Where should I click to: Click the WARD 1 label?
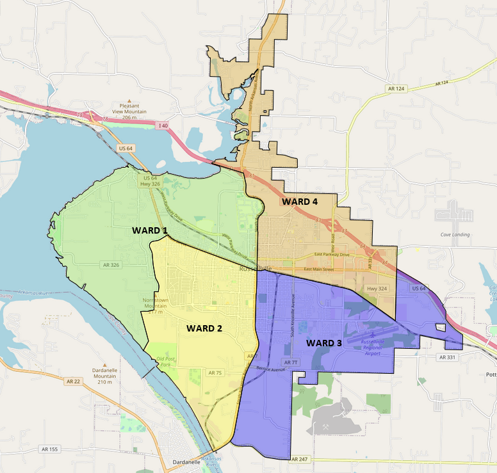150,230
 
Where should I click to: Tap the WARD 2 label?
204,328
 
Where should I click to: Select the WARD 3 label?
323,344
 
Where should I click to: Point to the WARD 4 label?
300,202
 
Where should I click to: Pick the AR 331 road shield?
446,357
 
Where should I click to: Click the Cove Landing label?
455,235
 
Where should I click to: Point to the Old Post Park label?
165,362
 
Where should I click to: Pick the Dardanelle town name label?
187,462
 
